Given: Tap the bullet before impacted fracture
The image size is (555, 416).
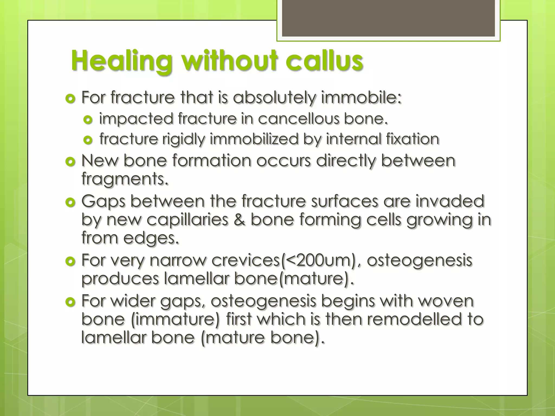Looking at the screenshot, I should coord(88,119).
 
